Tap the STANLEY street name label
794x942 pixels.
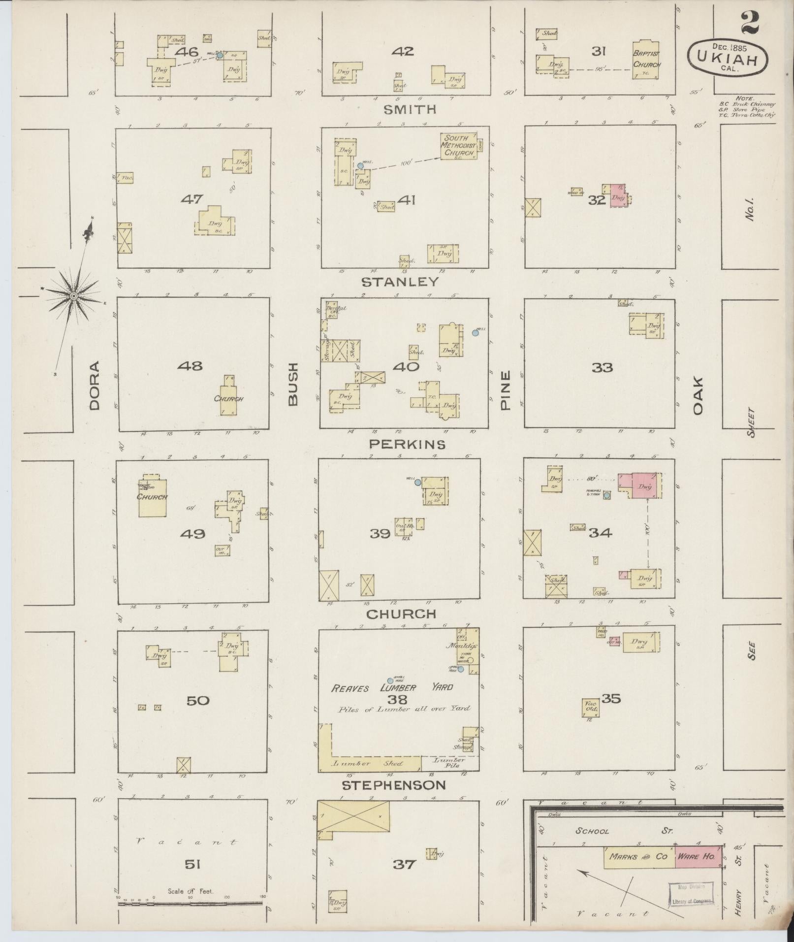(400, 282)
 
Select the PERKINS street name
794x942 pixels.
(407, 444)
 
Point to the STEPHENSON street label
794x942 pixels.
(393, 785)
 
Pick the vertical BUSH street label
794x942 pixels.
(293, 384)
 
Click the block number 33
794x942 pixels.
(602, 367)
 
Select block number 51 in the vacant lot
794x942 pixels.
(192, 864)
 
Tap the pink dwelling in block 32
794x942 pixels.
(618, 196)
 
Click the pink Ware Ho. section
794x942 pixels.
(698, 857)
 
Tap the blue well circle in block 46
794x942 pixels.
(220, 55)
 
